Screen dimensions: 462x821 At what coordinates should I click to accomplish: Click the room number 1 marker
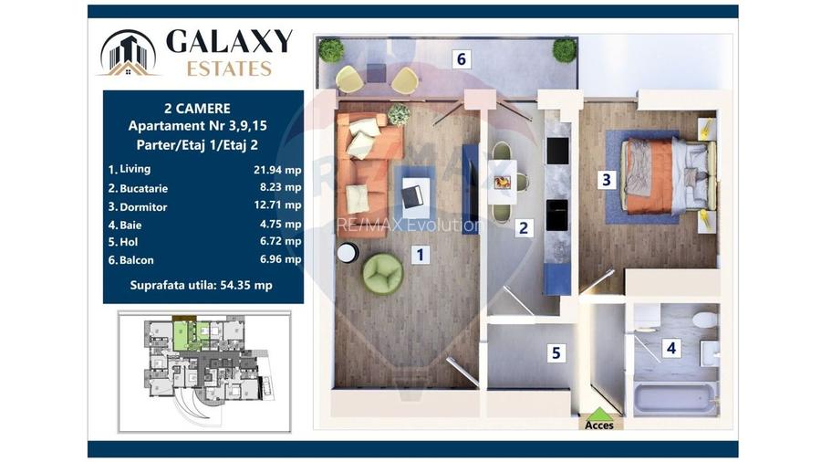tap(420, 256)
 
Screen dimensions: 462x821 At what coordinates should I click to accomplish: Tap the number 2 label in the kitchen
tap(524, 228)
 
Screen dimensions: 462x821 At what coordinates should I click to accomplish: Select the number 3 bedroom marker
tap(607, 180)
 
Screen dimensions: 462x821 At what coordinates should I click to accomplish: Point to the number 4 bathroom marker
tap(671, 347)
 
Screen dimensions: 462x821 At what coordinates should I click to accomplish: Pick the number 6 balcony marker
tap(462, 59)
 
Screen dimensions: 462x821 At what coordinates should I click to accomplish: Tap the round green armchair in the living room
tap(382, 273)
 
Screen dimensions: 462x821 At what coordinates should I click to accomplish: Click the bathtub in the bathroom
tap(675, 398)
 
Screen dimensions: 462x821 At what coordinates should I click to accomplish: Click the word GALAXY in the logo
tap(229, 41)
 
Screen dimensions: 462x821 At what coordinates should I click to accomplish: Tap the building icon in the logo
tap(128, 52)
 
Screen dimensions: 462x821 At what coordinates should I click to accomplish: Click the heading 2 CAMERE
tap(203, 107)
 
